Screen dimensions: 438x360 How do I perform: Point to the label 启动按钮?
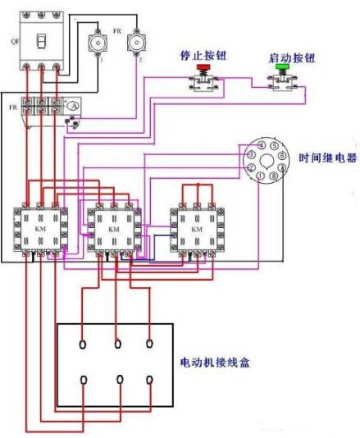pyautogui.click(x=285, y=59)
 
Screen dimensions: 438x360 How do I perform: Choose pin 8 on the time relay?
pyautogui.click(x=272, y=176)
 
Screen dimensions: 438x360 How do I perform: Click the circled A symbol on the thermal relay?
pyautogui.click(x=71, y=106)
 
